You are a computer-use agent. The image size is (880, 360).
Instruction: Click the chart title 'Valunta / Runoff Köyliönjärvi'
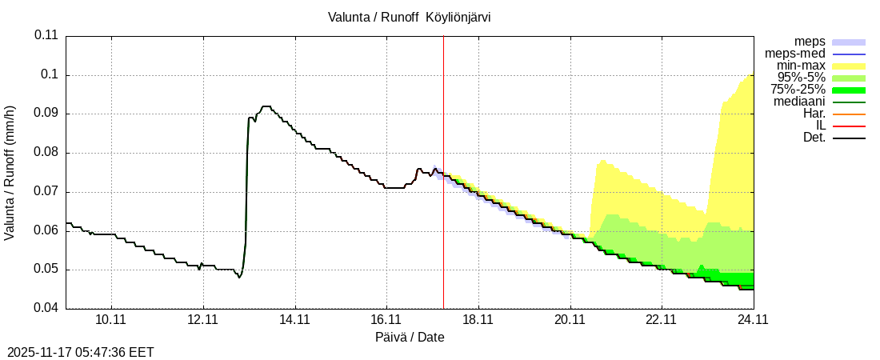[409, 17]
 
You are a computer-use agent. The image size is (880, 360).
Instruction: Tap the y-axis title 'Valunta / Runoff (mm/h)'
[10, 173]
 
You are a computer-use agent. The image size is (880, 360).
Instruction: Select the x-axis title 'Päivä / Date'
[410, 337]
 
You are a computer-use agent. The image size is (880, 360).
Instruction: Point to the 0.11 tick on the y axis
[46, 35]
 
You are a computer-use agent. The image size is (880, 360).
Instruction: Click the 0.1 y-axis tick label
[50, 74]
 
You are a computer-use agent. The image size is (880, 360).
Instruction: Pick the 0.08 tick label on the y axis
[46, 152]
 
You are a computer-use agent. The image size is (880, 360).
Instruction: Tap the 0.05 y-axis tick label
[46, 270]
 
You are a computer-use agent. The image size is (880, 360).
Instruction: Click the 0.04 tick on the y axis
[46, 308]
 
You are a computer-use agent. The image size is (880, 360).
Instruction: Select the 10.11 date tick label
[112, 319]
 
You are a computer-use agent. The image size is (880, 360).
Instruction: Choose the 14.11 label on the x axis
[295, 319]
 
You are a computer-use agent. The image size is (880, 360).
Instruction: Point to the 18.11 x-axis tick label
[478, 319]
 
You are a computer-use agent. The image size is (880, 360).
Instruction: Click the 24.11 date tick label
[754, 319]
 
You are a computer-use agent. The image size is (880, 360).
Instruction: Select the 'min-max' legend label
[801, 66]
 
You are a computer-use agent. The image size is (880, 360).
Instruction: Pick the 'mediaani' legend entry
[799, 102]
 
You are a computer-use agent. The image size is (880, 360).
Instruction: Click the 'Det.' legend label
[814, 138]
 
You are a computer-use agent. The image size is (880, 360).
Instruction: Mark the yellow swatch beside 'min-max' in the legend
[850, 66]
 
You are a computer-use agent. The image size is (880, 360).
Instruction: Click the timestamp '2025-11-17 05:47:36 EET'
[81, 352]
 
